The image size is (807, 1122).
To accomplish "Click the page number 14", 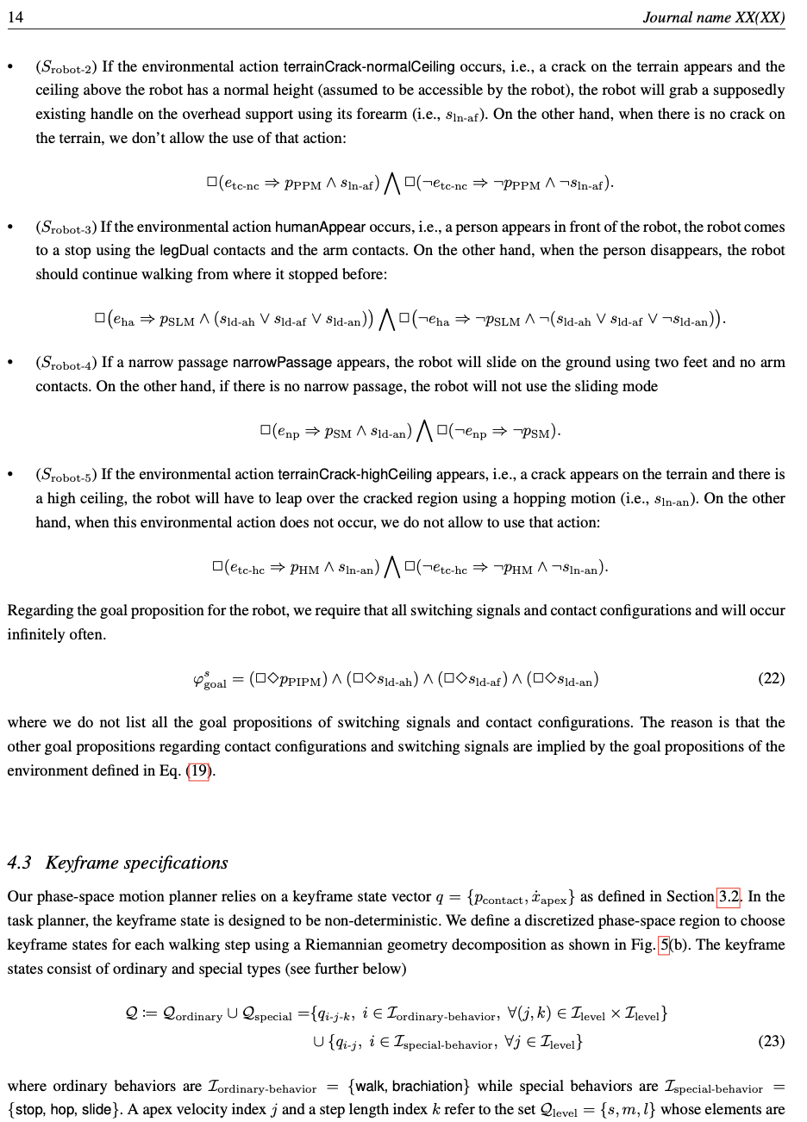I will pos(16,17).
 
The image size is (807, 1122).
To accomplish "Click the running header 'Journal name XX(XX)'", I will pos(713,17).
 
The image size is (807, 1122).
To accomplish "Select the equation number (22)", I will pos(771,678).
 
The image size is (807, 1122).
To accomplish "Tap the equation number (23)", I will pos(771,1041).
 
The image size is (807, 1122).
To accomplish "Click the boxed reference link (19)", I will pos(198,770).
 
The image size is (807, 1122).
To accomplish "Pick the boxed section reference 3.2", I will pos(729,897).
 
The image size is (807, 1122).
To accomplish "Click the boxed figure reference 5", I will pos(664,944).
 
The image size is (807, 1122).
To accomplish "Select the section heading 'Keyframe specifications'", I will pos(136,863).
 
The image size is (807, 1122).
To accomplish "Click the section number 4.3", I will pos(20,863).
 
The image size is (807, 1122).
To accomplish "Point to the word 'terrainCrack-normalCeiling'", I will pos(368,66).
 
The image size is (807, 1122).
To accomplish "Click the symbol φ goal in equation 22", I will pos(210,680).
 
